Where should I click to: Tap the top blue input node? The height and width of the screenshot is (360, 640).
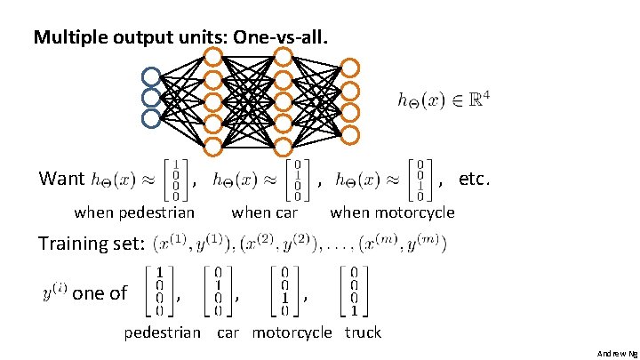click(151, 76)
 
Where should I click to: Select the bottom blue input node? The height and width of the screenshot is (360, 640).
click(151, 116)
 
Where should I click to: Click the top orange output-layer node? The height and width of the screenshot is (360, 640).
click(351, 68)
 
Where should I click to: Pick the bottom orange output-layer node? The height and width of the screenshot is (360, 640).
click(351, 134)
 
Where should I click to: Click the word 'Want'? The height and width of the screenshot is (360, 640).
click(61, 179)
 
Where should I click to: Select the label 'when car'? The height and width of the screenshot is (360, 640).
click(264, 212)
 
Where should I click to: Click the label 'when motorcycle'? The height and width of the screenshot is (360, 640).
click(392, 212)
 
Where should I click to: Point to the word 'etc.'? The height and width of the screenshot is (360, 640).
click(474, 179)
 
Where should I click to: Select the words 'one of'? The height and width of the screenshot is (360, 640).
click(100, 292)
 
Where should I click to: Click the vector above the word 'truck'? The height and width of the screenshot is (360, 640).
click(354, 291)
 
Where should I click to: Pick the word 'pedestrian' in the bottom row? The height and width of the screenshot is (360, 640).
click(162, 332)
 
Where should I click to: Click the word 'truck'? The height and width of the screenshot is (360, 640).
click(363, 332)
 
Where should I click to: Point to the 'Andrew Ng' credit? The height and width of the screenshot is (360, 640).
click(617, 353)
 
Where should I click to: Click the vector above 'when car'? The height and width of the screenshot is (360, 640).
click(296, 180)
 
